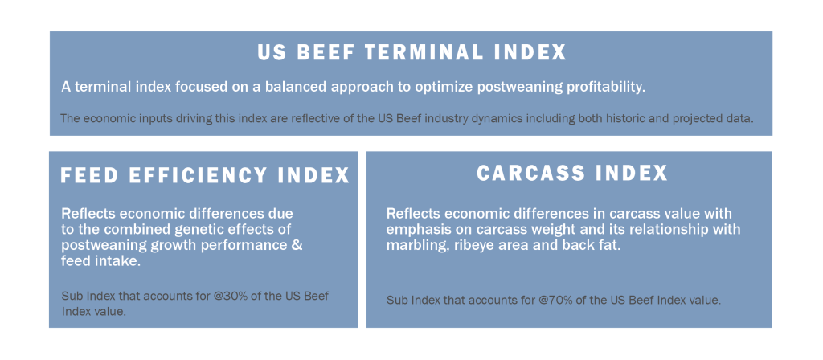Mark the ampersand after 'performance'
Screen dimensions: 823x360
297,245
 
